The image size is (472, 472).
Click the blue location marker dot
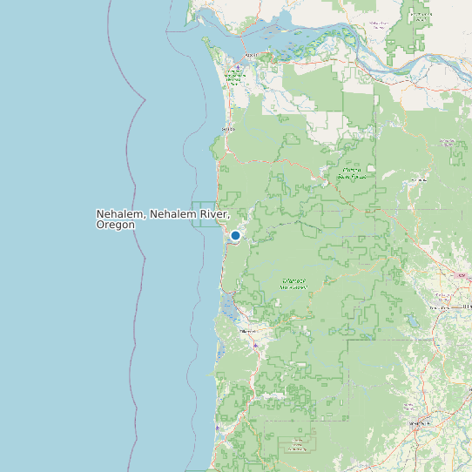coord(235,235)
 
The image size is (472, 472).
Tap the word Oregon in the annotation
coord(116,225)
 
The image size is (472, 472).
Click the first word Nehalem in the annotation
coord(120,213)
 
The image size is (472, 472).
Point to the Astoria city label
coord(252,54)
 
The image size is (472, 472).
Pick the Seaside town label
coord(229,129)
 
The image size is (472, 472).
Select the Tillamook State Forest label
coord(293,283)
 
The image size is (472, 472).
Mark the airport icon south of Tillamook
coord(254,345)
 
